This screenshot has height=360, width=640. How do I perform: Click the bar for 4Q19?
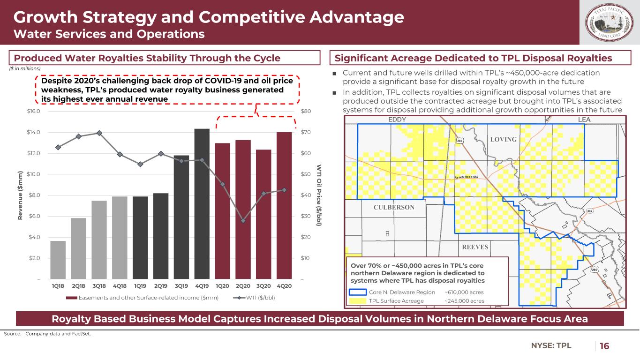(202, 204)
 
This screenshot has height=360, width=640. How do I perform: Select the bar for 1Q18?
(58, 260)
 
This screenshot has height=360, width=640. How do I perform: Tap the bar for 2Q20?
(243, 210)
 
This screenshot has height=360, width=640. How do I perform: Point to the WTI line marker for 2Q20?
(243, 221)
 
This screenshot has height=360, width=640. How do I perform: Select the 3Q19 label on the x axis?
(181, 285)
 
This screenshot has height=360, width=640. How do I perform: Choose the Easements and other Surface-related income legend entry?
(143, 297)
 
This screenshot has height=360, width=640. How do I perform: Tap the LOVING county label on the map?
(504, 140)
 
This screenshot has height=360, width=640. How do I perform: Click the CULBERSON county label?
(394, 208)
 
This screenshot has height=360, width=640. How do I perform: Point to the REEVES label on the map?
(475, 247)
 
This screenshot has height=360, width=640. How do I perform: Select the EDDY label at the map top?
(397, 120)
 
